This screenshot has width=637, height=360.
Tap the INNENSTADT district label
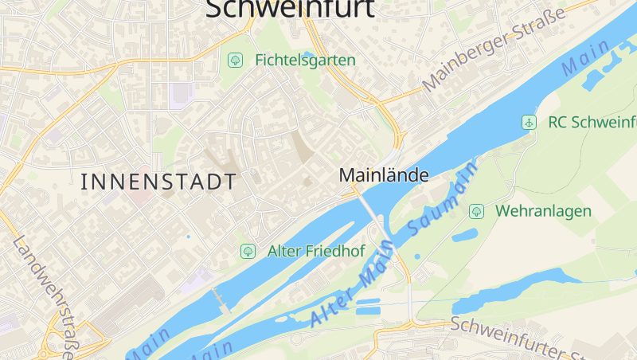click(158, 182)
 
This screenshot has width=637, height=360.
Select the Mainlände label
click(384, 175)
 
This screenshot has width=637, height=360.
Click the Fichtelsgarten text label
click(305, 60)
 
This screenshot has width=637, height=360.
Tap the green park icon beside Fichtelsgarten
click(235, 60)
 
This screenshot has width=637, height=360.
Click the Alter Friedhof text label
click(316, 252)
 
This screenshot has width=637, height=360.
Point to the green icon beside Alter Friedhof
click(248, 252)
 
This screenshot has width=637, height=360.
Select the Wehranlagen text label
click(543, 211)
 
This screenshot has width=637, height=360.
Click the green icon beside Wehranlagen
click(476, 211)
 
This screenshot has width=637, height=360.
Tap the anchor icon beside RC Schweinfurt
click(527, 122)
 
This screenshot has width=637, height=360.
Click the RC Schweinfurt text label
click(592, 122)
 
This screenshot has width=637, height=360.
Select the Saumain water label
click(443, 196)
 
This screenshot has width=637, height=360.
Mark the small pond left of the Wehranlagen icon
click(464, 236)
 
